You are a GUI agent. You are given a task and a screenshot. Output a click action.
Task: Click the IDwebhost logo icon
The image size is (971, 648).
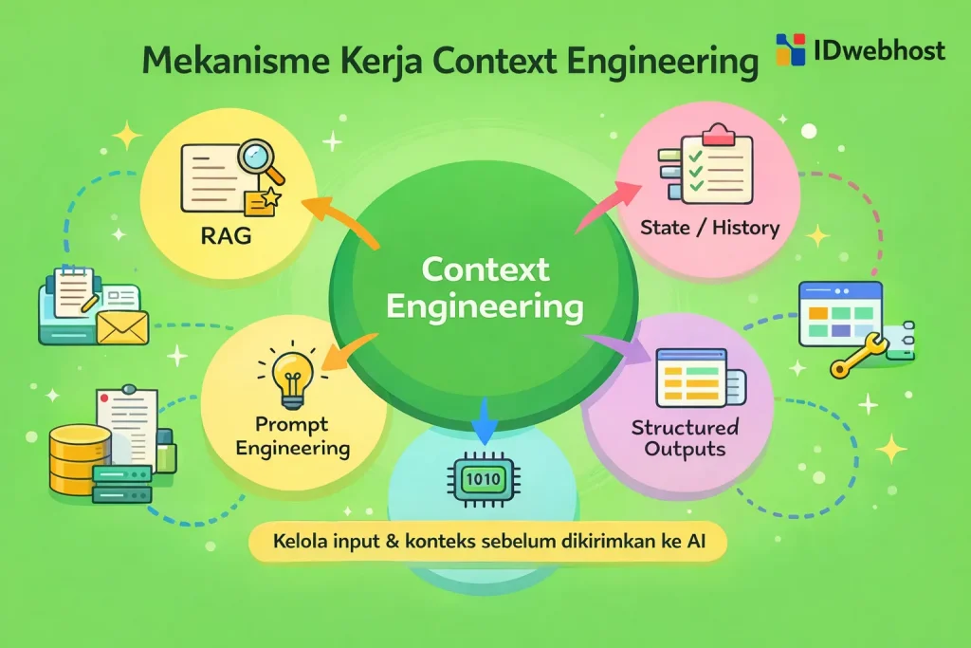click(790, 49)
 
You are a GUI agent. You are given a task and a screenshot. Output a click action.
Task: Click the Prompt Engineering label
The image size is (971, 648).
click(292, 435)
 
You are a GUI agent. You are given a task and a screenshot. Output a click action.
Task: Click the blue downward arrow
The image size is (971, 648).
click(485, 418)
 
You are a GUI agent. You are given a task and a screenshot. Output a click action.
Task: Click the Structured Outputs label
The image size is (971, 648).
click(685, 436)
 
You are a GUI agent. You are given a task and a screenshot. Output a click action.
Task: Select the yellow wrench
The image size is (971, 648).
click(859, 355)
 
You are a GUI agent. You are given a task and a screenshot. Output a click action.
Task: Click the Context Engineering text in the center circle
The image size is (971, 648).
click(485, 287)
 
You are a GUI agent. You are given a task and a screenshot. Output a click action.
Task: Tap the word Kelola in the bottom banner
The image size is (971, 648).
click(297, 546)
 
